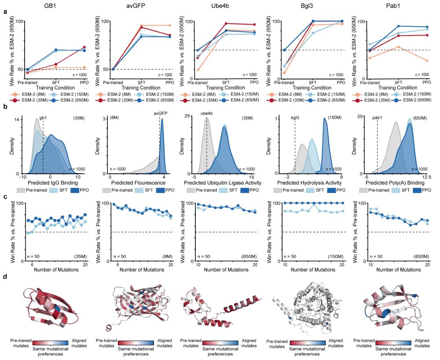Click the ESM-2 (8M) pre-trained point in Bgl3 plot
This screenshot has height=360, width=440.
pyautogui.click(x=285, y=73)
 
